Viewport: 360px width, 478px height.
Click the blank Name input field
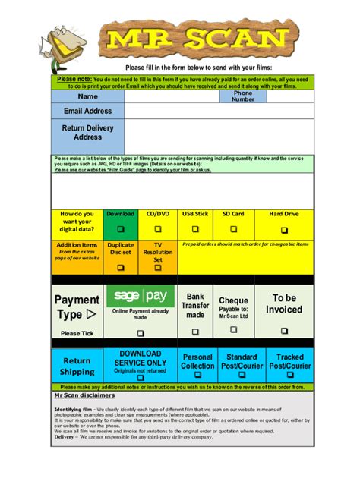click(172, 96)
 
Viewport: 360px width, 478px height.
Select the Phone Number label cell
click(243, 96)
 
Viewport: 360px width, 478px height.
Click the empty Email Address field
click(218, 111)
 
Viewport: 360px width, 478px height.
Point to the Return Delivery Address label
click(87, 133)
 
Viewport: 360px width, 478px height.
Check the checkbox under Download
click(120, 228)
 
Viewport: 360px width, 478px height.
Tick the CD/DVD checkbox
click(158, 228)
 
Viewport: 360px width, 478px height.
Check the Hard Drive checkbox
click(285, 229)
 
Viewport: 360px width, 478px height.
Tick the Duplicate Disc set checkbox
click(120, 267)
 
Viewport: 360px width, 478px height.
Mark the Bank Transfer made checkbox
click(195, 332)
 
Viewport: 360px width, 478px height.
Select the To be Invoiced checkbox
click(284, 331)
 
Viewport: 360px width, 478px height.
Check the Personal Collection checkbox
click(197, 377)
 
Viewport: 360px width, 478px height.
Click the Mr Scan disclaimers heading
click(84, 395)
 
